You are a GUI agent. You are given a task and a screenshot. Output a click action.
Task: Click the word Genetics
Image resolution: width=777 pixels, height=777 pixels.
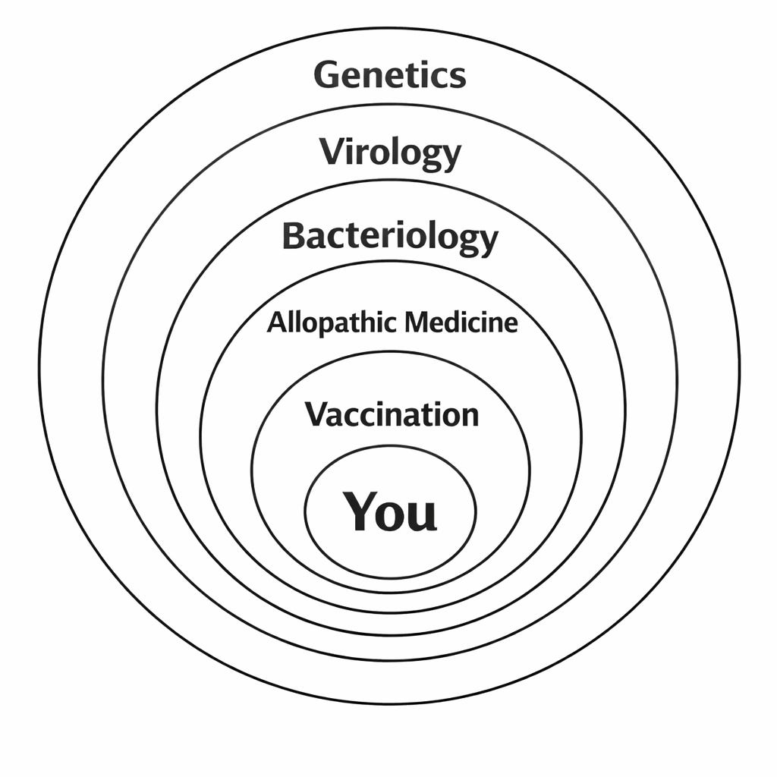pos(389,75)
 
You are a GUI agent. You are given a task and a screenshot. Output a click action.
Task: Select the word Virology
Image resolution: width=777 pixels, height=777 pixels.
pos(389,153)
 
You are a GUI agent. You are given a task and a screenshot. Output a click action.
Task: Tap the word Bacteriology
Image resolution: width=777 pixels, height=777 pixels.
pos(390,237)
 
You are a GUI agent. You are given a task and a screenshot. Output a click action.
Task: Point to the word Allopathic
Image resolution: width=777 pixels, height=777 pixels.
pos(331,322)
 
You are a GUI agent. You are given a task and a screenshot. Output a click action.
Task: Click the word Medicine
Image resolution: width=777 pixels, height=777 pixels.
pos(461,322)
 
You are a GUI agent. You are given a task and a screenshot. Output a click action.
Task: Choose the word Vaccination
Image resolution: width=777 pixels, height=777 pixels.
pos(392,414)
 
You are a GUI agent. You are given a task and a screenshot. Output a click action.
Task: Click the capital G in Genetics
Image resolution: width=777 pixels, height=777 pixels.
pos(326,75)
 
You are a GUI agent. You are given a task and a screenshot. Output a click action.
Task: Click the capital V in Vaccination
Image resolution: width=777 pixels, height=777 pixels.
pos(316,414)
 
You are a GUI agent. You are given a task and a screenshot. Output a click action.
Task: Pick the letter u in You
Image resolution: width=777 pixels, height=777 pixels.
pos(423,514)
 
